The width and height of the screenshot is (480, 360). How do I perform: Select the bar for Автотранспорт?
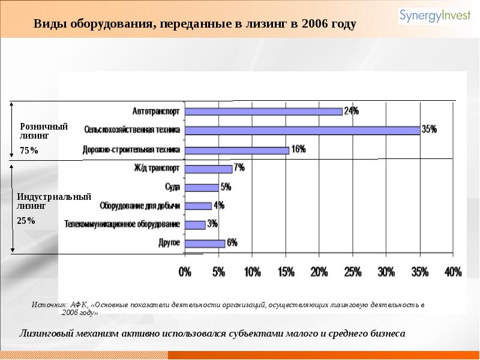(263, 111)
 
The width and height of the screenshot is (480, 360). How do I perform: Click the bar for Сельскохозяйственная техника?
(302, 130)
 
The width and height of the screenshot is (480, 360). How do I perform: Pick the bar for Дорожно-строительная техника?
(236, 150)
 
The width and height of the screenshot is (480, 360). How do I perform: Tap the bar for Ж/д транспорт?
(208, 169)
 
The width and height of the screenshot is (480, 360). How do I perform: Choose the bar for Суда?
(202, 187)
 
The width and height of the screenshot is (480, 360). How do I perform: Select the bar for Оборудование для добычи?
(198, 206)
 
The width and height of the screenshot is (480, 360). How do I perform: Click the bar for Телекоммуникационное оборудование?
(195, 224)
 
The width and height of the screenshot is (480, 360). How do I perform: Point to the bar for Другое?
(205, 243)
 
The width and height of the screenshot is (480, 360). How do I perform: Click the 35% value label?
(429, 129)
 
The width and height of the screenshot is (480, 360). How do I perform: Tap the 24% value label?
(352, 110)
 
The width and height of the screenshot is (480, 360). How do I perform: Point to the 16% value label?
(298, 149)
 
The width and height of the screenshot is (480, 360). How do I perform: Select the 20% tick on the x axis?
(320, 272)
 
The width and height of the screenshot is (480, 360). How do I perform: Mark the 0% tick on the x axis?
(185, 272)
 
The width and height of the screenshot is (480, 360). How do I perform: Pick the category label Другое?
(169, 243)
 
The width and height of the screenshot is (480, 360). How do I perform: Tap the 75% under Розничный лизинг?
(29, 151)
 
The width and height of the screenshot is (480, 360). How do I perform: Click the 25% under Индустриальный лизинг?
(26, 220)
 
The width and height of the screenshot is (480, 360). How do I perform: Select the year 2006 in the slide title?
(318, 25)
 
